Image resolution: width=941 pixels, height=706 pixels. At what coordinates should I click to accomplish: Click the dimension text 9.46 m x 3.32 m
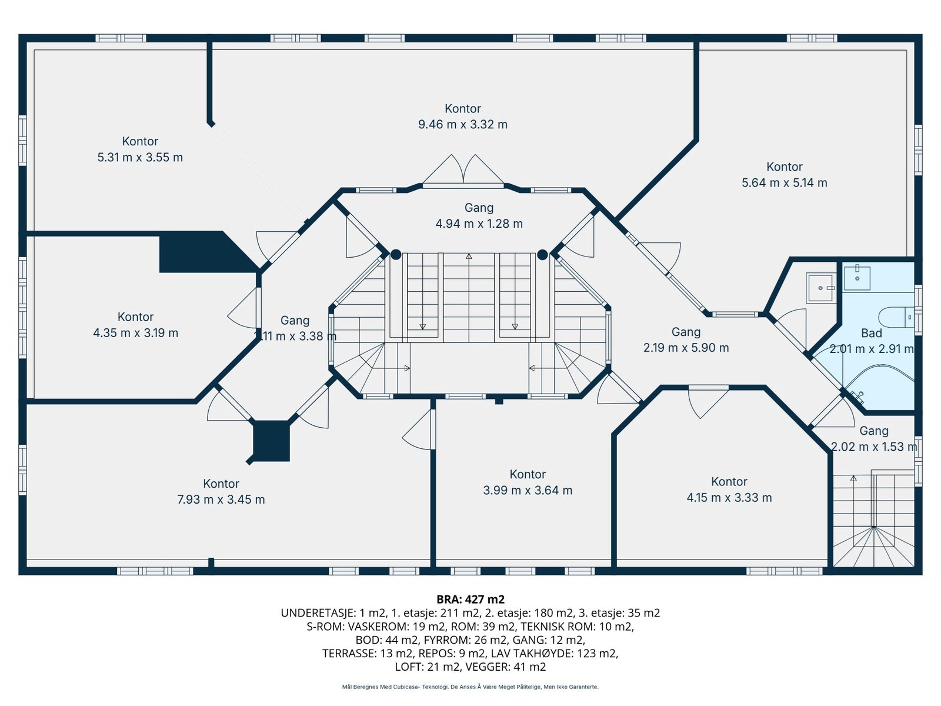coord(462,125)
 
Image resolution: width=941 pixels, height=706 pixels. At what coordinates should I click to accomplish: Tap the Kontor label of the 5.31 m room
coord(140,141)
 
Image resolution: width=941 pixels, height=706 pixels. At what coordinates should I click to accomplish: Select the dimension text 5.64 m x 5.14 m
coord(784,183)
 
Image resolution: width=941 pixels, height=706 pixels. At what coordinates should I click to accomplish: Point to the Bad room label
coord(871,333)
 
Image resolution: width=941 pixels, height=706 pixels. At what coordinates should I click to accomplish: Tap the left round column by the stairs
coord(396,255)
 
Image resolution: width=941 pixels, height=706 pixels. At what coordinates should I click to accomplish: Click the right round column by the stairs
coord(542,255)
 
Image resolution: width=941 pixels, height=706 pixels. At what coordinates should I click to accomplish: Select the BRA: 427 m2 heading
coord(470,600)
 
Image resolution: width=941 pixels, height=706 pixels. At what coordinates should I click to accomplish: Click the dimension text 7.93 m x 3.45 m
coord(221,499)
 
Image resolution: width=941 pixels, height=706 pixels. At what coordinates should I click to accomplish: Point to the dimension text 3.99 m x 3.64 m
coord(528,490)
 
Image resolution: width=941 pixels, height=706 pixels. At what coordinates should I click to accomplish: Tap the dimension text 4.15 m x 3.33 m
coord(729,498)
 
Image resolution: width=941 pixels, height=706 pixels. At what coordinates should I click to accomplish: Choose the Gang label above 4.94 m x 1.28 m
coord(479,208)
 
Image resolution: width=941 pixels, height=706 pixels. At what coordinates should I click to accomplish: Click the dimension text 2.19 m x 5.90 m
coord(686,348)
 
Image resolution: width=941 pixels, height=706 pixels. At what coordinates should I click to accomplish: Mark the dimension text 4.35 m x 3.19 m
coord(135,333)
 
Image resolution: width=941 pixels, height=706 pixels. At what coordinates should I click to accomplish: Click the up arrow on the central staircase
coord(469,257)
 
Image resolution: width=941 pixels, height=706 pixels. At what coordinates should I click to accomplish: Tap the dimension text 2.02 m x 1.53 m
coord(873,447)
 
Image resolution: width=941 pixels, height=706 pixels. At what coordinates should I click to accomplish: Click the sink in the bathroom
coord(857,278)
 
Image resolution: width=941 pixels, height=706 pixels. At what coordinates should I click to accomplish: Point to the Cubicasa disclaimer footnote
coord(470,687)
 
